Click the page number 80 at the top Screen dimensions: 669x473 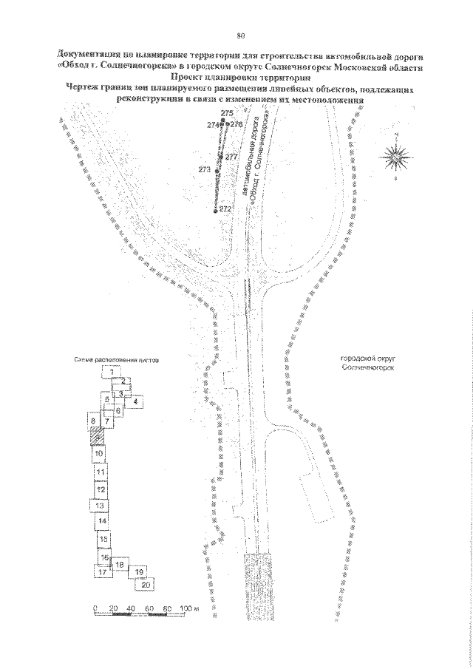coord(240,35)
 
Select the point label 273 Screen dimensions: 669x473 coord(205,170)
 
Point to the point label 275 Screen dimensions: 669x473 coord(227,112)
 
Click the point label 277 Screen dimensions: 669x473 coord(232,157)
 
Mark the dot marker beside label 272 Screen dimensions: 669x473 coord(214,212)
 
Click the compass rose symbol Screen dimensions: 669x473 coord(397,156)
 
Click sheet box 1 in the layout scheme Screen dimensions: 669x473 coord(111,371)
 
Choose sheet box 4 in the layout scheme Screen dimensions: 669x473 coord(135,401)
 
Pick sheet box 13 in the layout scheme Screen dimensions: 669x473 coord(99,505)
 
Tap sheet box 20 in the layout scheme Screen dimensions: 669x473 coord(146,584)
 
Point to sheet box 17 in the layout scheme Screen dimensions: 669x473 coord(103,571)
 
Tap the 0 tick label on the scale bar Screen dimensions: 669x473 coord(95,608)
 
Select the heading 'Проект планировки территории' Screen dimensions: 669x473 coord(240,75)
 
